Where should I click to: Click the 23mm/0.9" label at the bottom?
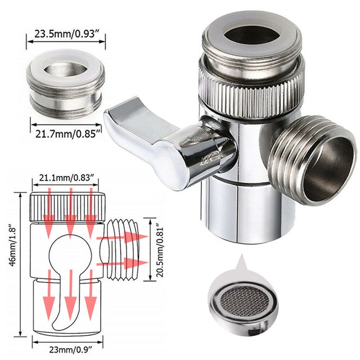pyautogui.click(x=68, y=348)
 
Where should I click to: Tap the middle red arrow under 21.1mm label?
pyautogui.click(x=70, y=214)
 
